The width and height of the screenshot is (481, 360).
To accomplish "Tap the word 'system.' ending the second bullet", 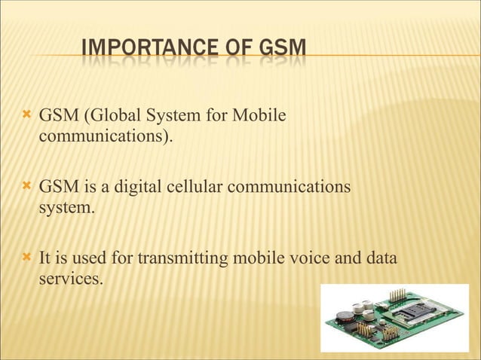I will tap(67, 206).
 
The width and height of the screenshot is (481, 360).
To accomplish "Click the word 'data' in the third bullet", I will tap(381, 259).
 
